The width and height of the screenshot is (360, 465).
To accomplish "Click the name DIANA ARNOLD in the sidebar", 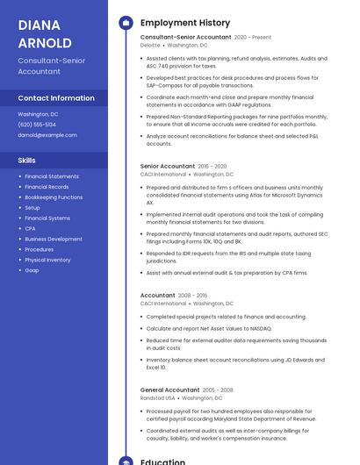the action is point(45,33).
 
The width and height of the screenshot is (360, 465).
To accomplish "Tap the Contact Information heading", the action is point(56,98).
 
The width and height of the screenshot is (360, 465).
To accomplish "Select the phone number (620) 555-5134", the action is point(37,125).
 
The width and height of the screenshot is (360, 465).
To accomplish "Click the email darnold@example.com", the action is point(47,135).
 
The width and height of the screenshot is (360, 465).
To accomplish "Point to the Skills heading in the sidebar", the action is point(27,161).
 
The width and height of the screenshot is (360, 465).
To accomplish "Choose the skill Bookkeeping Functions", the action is point(54,197).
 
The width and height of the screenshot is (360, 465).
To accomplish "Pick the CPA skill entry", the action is point(31,228).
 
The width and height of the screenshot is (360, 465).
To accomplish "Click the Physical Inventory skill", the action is point(47,260).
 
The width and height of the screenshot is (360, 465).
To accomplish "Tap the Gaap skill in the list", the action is point(32,270).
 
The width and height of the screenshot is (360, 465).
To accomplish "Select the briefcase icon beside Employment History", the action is point(126,22).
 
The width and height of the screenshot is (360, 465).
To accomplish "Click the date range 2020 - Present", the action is point(253,38).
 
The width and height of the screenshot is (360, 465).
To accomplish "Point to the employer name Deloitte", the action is point(150,45).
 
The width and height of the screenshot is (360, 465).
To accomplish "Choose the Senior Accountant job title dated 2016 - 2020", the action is point(168,166).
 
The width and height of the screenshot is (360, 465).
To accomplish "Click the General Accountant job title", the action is point(170,390).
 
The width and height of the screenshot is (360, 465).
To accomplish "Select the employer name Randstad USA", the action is point(158,397).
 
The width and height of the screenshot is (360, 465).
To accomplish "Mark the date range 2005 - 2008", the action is point(218,390).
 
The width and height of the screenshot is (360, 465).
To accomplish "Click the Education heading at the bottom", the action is point(162,460).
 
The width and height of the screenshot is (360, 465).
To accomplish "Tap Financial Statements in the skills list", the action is point(52,176).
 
